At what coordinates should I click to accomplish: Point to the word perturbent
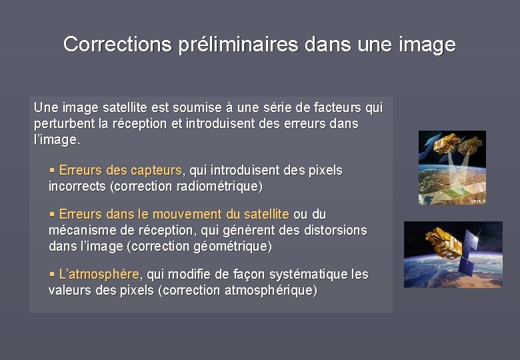63,124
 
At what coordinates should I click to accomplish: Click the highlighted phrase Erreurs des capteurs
120,171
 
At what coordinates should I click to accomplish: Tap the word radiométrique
219,186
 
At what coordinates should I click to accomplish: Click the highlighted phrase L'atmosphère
99,274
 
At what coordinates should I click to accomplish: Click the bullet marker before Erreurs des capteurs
52,171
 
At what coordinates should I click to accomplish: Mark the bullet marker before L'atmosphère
52,274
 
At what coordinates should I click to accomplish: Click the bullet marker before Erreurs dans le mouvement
52,214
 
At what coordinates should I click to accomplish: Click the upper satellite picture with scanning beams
451,167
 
